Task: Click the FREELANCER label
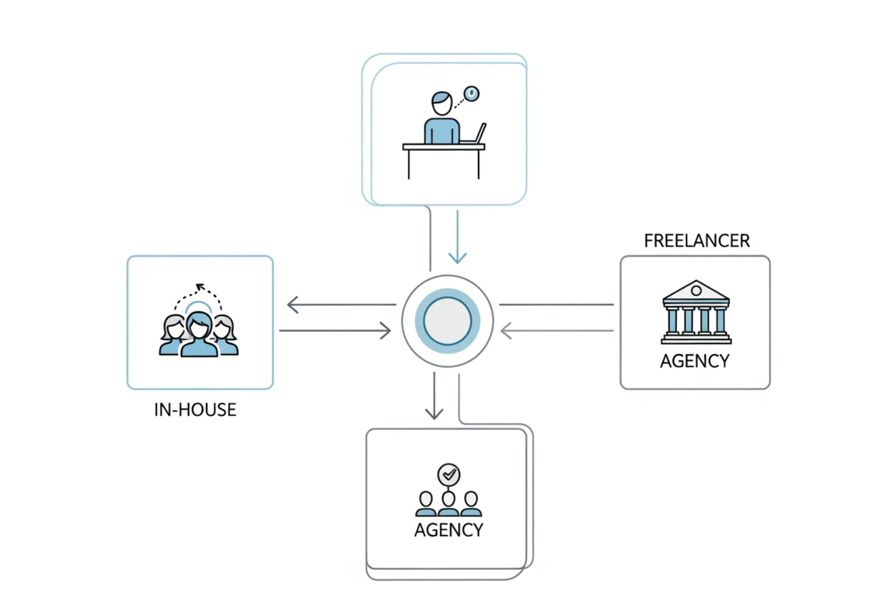click(697, 241)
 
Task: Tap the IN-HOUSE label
click(195, 410)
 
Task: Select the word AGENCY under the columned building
click(694, 361)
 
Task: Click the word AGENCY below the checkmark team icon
click(448, 530)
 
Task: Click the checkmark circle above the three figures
click(449, 474)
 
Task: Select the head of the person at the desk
click(442, 103)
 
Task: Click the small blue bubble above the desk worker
click(471, 93)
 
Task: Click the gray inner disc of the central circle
click(447, 321)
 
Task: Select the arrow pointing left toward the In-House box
click(340, 304)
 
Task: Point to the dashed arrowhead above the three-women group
click(200, 286)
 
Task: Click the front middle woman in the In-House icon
click(199, 335)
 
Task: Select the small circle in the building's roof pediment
click(696, 290)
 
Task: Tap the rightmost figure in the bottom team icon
click(471, 504)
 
